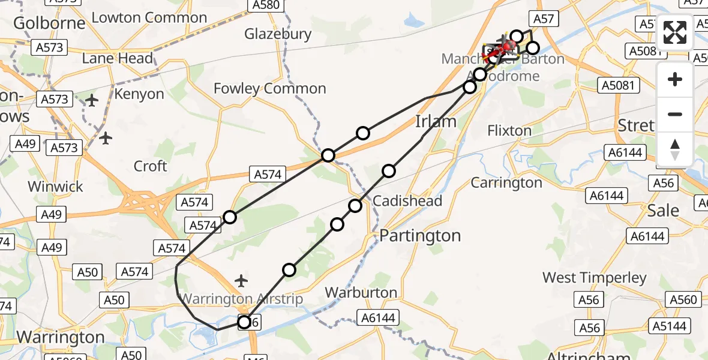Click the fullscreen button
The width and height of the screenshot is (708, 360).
pos(675,33)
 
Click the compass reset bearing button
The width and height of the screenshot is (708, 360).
pos(675,149)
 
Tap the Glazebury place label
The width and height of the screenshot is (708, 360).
pos(278,34)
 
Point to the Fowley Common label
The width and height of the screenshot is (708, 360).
pos(269,89)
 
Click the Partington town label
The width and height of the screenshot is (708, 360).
pos(420,236)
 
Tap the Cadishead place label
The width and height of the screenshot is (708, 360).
pos(407,201)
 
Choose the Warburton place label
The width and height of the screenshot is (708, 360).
pos(361,293)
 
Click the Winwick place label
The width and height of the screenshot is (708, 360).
pos(56,187)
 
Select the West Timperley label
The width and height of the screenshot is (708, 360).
pos(595,278)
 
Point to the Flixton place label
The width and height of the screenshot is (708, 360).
pos(509,130)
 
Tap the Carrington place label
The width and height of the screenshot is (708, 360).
pos(506,182)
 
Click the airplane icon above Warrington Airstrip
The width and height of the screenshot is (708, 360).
pos(241,280)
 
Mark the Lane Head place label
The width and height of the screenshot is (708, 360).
pos(118,59)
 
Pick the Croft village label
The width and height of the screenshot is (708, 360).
pos(151,166)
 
